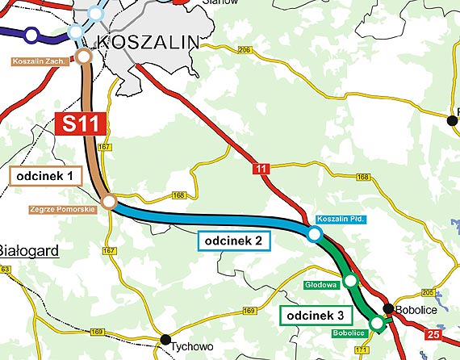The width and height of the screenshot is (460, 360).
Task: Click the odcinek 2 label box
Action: coord(232,240)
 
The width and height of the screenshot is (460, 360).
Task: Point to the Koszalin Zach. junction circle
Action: coord(83,57)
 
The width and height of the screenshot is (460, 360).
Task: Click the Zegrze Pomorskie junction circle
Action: coord(109,202)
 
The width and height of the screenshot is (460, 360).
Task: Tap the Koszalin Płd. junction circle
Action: coord(314,234)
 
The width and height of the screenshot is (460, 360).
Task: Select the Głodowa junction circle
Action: coord(350,281)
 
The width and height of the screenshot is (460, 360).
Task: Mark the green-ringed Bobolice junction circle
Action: coord(376,323)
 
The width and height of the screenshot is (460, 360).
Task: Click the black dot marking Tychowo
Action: coord(165,339)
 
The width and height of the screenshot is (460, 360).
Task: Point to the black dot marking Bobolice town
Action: coord(388,308)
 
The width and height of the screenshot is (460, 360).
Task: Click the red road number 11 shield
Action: coord(259,167)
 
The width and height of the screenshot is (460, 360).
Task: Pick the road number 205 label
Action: coord(428,292)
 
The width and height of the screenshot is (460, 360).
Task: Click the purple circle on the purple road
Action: coord(31,35)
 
